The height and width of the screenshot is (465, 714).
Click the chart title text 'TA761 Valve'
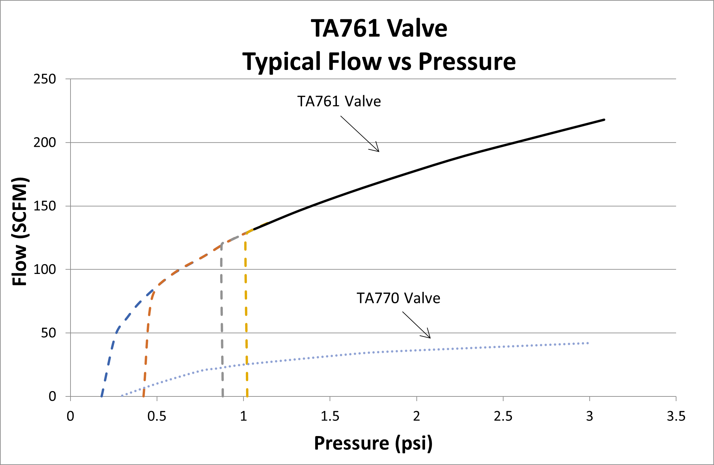379,28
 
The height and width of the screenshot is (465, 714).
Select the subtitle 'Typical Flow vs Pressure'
379,62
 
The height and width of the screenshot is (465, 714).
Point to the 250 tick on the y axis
45,79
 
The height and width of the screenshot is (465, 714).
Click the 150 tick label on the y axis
45,206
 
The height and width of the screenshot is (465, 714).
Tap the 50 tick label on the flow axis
48,333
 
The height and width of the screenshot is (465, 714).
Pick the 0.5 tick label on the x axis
157,416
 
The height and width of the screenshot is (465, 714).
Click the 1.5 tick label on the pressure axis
330,416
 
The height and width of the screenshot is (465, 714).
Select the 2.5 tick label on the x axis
503,416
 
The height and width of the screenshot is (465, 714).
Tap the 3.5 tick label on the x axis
676,416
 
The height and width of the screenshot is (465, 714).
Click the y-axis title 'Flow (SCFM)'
19,231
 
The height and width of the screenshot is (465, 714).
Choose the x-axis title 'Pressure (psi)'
373,443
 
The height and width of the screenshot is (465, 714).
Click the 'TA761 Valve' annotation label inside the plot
339,101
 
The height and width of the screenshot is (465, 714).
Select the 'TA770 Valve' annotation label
398,298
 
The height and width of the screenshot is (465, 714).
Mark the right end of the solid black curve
604,119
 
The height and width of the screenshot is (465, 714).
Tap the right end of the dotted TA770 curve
588,343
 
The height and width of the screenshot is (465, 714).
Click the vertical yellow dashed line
246,316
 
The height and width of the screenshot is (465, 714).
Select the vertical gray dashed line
221,316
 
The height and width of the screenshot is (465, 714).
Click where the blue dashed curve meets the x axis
101,396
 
